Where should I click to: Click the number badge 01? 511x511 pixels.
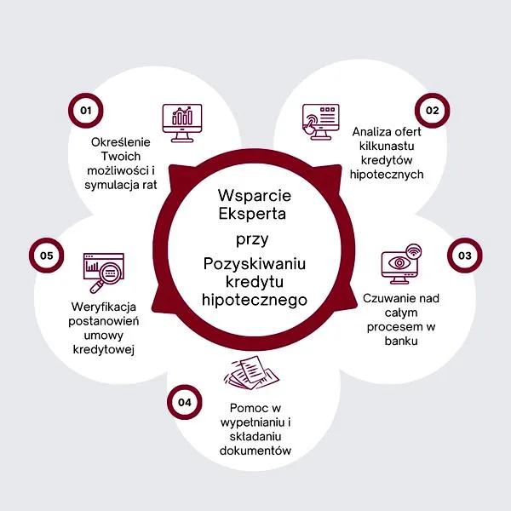click(85, 110)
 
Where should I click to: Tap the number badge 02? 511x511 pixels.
click(432, 110)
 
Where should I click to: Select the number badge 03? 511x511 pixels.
click(464, 255)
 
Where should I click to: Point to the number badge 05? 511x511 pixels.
click(46, 255)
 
